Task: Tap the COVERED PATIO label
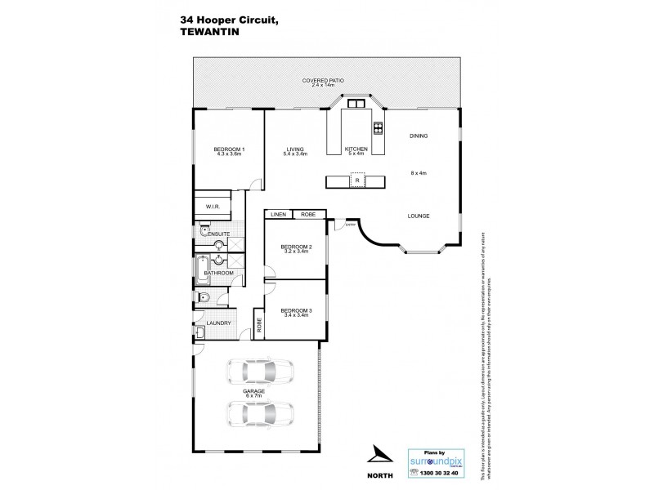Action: (322, 81)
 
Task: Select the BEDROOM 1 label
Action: (229, 149)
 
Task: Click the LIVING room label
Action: (295, 149)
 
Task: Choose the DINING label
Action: (419, 136)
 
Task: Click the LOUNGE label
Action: (419, 216)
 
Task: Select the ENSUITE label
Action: (217, 234)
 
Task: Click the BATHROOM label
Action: (219, 272)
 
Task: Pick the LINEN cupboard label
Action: (278, 214)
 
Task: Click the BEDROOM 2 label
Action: (294, 246)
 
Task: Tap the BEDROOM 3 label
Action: (294, 310)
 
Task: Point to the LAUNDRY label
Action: (218, 323)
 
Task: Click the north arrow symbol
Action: (379, 455)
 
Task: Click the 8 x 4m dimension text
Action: (419, 173)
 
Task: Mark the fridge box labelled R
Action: (356, 180)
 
